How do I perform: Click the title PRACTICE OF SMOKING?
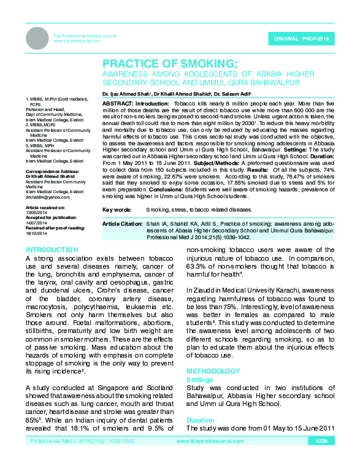[170, 63]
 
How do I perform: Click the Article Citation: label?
[122, 224]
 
